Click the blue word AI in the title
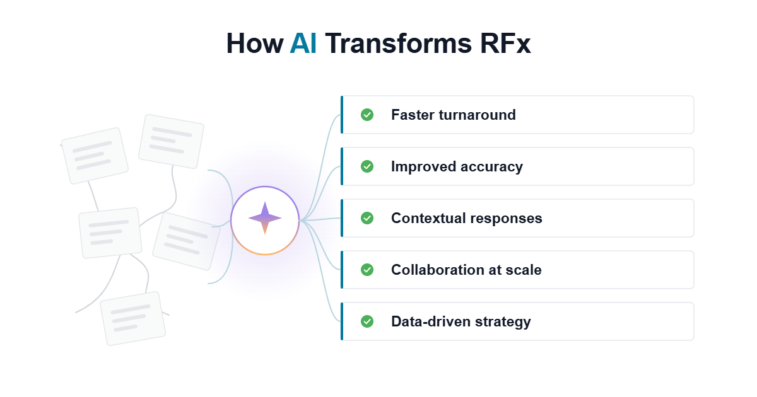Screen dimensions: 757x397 (x=303, y=43)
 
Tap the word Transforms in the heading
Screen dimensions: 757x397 (x=398, y=43)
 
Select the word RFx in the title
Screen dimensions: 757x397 (x=505, y=43)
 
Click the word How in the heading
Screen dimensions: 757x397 (x=254, y=43)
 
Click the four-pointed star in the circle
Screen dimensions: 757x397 (x=265, y=218)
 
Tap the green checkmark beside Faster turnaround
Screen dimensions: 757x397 (x=367, y=115)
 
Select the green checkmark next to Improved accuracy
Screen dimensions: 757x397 (x=367, y=166)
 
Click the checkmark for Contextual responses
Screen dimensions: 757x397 (x=367, y=218)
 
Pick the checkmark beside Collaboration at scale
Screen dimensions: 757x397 (x=367, y=270)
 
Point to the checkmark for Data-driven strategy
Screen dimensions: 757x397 (x=367, y=321)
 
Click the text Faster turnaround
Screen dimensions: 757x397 (x=454, y=115)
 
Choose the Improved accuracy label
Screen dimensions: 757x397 (x=457, y=167)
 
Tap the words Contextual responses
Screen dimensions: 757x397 (x=467, y=219)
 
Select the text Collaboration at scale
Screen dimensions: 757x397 (x=466, y=270)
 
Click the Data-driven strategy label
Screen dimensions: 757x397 (x=461, y=322)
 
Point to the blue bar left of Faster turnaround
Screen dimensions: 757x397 (x=342, y=115)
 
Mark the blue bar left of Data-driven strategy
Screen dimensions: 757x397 (x=342, y=321)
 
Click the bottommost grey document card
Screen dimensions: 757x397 (x=133, y=318)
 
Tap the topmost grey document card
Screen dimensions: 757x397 (x=171, y=141)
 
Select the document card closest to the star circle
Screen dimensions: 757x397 (x=186, y=241)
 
